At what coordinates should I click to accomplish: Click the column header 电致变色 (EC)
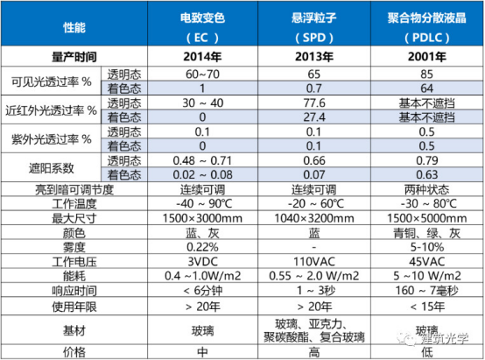[202, 28]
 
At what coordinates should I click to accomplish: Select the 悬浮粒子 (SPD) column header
[314, 28]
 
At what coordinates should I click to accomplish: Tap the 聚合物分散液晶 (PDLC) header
[427, 28]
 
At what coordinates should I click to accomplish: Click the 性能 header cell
[74, 27]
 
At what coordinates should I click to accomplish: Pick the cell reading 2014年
[202, 57]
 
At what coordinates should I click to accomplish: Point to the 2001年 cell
[427, 57]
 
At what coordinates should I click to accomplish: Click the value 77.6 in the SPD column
[314, 102]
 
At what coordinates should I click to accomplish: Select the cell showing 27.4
[314, 117]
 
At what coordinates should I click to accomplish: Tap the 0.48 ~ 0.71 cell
[202, 160]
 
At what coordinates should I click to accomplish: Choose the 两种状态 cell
[427, 189]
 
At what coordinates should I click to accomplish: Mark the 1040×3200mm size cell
[314, 218]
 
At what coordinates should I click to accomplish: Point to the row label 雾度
[74, 247]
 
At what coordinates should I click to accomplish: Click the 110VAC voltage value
[314, 262]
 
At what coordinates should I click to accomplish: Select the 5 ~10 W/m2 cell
[427, 276]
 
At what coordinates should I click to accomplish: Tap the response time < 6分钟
[202, 291]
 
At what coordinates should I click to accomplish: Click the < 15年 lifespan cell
[427, 307]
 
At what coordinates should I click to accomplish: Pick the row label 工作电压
[74, 262]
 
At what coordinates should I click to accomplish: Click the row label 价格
[74, 352]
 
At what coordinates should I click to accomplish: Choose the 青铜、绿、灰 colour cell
[427, 233]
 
